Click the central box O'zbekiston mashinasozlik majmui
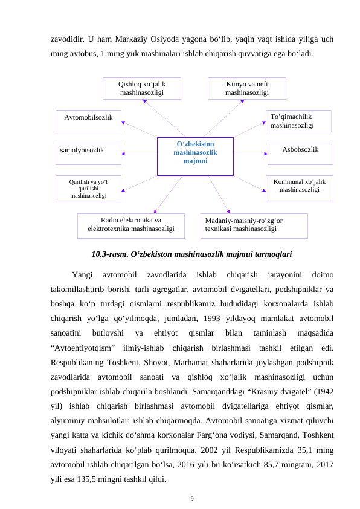point(195,156)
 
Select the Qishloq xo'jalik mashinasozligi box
point(142,88)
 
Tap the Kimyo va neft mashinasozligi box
point(246,88)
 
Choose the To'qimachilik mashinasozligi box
point(298,121)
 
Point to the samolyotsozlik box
point(89,154)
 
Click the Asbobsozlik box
point(300,154)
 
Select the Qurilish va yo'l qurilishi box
point(88,189)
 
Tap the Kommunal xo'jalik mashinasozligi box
point(299,189)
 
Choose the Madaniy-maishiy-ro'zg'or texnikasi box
point(254,225)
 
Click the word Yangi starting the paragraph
point(82,275)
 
